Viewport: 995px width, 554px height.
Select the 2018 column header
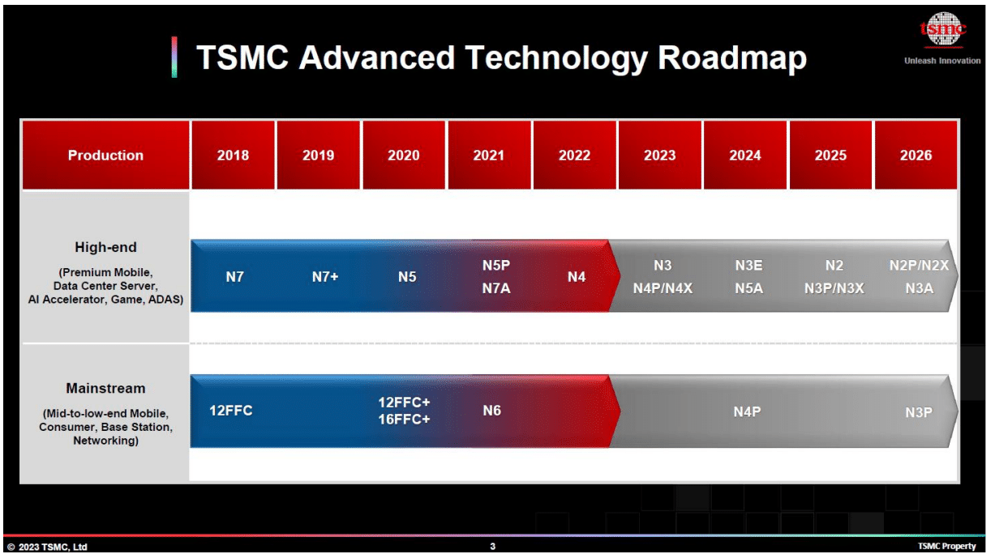pos(233,156)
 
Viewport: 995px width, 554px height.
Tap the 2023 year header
pos(659,156)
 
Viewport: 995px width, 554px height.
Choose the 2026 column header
pos(916,156)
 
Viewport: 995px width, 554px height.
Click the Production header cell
pos(105,156)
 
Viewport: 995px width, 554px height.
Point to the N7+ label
pos(325,277)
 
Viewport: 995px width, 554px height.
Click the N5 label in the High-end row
pos(407,277)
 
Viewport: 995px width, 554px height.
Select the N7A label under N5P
pos(495,288)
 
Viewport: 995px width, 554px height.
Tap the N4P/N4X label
pos(663,288)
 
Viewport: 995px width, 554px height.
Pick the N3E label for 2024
pos(748,266)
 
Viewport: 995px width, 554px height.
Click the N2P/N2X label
pos(919,266)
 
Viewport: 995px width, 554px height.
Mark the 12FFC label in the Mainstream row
pos(231,411)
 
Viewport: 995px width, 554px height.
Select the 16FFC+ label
pos(404,420)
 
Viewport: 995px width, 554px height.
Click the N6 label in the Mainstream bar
pos(491,411)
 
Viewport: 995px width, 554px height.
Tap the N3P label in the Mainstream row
pos(919,412)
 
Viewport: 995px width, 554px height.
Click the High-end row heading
pos(105,248)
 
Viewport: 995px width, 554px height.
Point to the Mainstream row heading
pos(105,389)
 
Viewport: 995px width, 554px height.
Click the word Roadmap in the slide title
pos(731,58)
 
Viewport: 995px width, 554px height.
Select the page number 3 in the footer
pos(492,547)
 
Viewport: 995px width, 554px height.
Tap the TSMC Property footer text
pos(946,547)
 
